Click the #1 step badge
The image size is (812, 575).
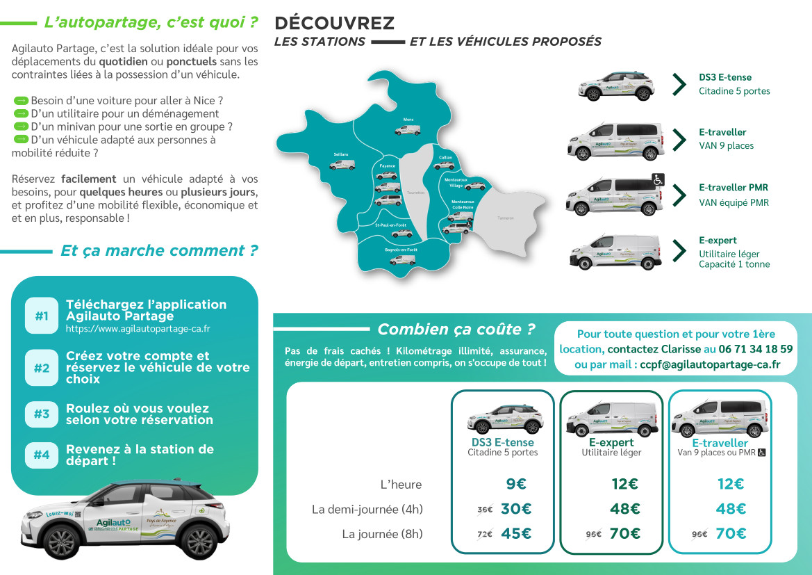[42, 316]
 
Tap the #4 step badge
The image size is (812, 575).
[42, 455]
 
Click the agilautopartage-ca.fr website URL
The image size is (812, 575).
[138, 329]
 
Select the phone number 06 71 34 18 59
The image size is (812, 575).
[756, 349]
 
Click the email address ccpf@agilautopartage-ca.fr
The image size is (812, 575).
[710, 364]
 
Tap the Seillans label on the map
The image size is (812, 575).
[341, 154]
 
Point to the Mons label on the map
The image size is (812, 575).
[408, 120]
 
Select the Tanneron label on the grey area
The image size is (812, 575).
[506, 218]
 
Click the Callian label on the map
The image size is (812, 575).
[446, 157]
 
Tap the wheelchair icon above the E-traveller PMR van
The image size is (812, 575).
[658, 179]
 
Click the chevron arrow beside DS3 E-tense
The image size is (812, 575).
[679, 84]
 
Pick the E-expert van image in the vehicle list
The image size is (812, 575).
[615, 252]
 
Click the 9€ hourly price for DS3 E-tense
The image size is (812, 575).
[516, 485]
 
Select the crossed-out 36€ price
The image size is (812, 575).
[485, 510]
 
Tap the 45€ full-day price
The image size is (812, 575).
[516, 533]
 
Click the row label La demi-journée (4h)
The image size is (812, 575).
[367, 510]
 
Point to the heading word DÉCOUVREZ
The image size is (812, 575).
[335, 23]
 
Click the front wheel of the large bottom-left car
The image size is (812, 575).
[62, 542]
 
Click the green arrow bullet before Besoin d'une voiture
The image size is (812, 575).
[20, 101]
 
